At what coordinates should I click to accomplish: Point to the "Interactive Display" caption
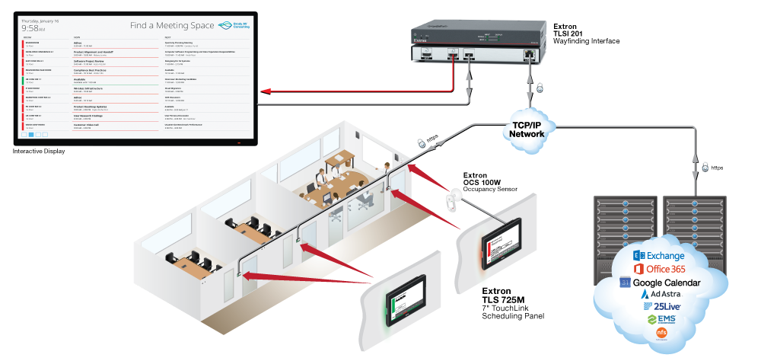pyautogui.click(x=39, y=152)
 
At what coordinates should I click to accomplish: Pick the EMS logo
pyautogui.click(x=660, y=319)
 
